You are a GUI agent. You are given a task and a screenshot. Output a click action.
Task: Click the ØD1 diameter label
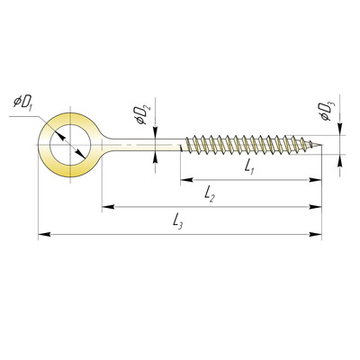(x=22, y=103)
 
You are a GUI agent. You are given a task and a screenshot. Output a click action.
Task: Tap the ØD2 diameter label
(x=143, y=115)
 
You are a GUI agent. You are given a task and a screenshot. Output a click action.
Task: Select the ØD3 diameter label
(x=328, y=112)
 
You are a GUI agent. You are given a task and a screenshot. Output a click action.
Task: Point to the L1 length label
(x=249, y=166)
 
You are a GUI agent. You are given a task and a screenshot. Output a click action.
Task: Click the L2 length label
(x=210, y=194)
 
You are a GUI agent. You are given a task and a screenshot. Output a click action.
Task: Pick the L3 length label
(x=177, y=221)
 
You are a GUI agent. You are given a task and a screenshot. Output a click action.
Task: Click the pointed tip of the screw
(x=321, y=146)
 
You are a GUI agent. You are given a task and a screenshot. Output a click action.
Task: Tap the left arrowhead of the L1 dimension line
(x=186, y=180)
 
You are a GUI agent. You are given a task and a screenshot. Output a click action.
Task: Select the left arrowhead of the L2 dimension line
(x=108, y=207)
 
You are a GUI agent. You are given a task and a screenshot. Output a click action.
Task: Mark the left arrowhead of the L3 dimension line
(x=44, y=234)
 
